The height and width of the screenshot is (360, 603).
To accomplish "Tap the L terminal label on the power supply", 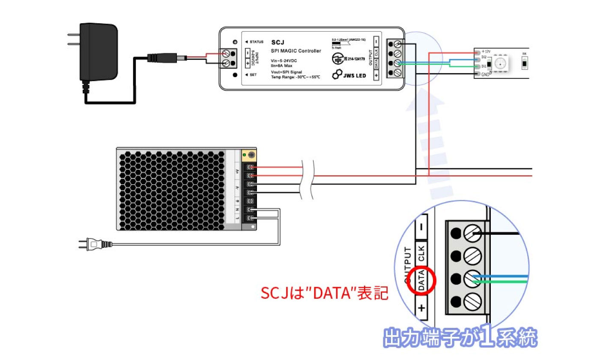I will click(237, 218).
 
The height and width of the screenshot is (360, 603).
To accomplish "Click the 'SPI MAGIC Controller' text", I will click(296, 51).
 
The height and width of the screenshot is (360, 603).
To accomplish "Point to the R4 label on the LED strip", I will click(524, 54).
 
